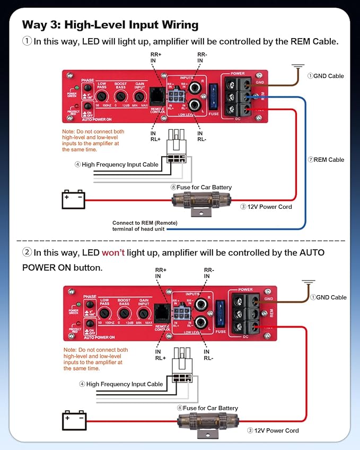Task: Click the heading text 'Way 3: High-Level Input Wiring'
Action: click(110, 24)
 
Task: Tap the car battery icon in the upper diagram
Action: click(74, 200)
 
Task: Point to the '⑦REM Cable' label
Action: click(326, 160)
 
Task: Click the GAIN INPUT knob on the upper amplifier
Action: click(139, 96)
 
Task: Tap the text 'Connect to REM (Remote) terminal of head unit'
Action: click(145, 225)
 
